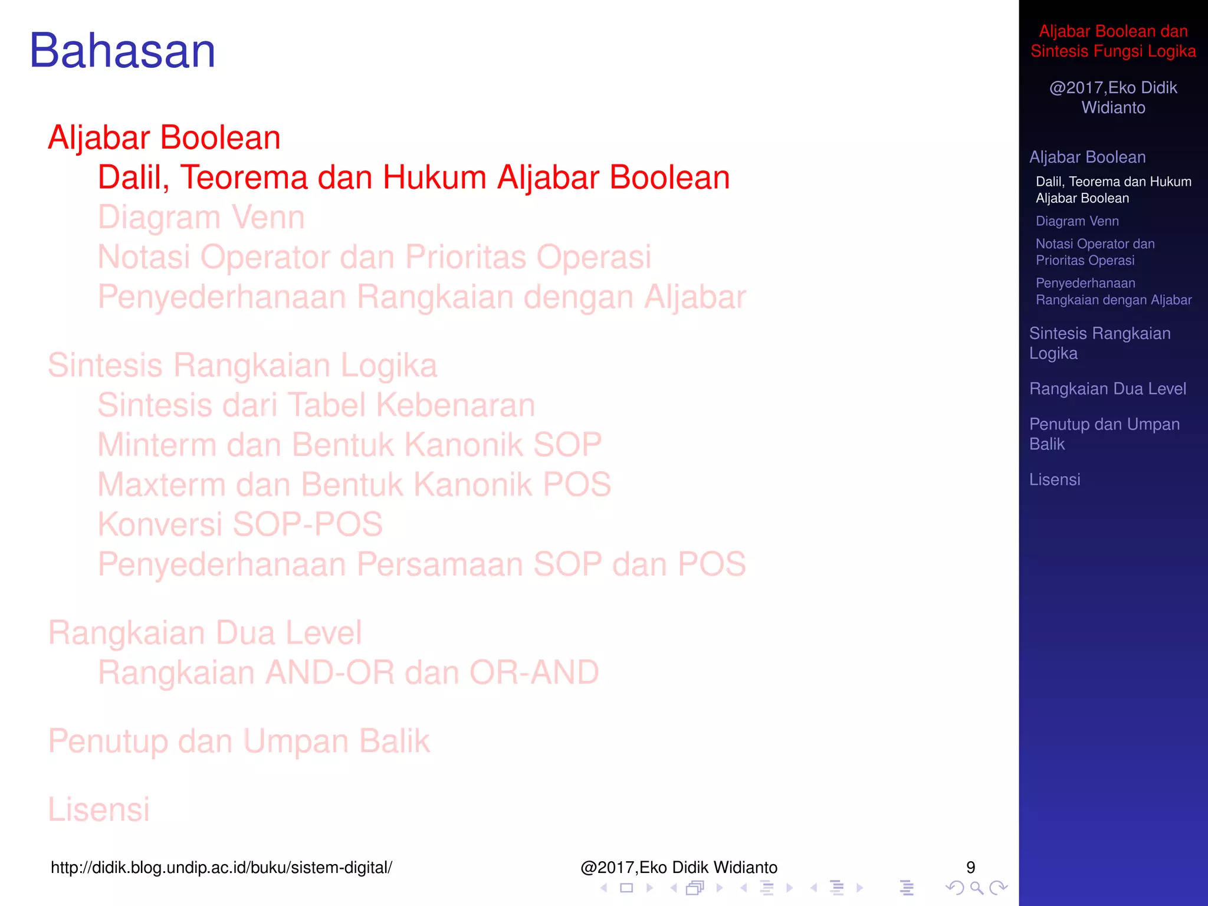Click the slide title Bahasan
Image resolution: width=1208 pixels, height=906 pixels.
coord(123,51)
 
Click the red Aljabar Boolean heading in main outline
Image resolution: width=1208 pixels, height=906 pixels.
coord(164,138)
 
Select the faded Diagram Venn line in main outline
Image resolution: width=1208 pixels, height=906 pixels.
coord(201,217)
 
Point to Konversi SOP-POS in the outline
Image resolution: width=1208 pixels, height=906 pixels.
coord(240,524)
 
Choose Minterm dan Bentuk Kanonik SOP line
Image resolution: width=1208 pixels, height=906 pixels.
coord(349,445)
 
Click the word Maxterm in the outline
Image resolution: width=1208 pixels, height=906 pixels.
coord(161,484)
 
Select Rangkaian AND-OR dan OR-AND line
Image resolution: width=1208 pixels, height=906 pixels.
coord(348,672)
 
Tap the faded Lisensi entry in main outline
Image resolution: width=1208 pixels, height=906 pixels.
coord(99,809)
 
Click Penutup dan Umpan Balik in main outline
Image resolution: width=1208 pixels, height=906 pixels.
coord(239,741)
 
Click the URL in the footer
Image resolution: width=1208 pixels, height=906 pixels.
coord(221,868)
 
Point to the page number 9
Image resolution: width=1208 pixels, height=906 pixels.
coord(970,868)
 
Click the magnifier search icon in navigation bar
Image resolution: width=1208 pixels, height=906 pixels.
coord(976,888)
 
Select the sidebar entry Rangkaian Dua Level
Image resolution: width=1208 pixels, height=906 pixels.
coord(1107,389)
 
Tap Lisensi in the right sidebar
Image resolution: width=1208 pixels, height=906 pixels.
coord(1055,480)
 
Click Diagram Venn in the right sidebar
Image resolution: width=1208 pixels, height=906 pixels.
coord(1077,221)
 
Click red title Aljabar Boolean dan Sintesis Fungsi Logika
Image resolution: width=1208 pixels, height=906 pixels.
coord(1113,41)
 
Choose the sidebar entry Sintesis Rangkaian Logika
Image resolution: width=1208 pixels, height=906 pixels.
coord(1099,343)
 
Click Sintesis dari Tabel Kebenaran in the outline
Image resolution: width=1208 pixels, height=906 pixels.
coord(316,405)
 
